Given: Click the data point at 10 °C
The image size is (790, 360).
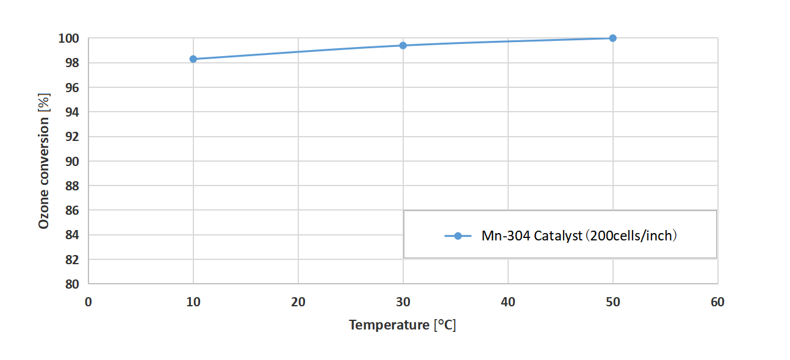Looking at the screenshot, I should [193, 59].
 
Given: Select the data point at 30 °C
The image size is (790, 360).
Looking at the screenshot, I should [403, 45].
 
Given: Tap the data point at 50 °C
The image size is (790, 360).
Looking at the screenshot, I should [613, 38].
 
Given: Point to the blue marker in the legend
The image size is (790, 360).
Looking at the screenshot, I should [458, 236].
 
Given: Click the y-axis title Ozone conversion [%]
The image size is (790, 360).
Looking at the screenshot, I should [43, 161].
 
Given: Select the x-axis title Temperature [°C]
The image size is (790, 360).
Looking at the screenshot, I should [403, 325].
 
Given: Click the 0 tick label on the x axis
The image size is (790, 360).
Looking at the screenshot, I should [88, 302].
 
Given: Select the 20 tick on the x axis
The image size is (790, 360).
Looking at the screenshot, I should [298, 302].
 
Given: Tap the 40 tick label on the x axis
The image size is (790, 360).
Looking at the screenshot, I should [508, 302].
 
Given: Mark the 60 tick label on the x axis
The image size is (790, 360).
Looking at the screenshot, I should [718, 302].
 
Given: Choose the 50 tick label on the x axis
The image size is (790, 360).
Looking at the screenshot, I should [613, 302].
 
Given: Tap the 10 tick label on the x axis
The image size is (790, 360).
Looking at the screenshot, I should [193, 302].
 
